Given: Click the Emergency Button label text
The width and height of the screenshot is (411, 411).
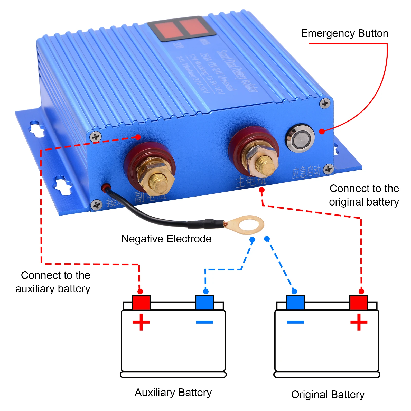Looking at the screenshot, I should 344,34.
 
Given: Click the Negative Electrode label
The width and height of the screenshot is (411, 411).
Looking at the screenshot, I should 166,239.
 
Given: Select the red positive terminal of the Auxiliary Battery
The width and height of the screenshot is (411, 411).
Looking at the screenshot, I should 141,302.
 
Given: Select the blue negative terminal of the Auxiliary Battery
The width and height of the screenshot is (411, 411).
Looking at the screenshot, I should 204,302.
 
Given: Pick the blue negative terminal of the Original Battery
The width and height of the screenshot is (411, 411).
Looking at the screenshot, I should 295,302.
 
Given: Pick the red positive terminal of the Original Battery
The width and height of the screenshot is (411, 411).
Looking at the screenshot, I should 358,302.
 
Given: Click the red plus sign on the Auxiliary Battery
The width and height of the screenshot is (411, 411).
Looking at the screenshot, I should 141,322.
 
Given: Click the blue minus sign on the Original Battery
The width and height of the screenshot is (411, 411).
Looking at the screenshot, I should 295,322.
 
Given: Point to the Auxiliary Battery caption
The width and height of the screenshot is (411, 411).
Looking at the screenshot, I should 173,393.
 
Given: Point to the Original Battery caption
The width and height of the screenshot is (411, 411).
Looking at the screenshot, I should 328,395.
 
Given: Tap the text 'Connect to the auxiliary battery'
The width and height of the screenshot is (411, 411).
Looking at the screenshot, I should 53,282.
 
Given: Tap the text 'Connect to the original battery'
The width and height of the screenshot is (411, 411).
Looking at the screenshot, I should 364,195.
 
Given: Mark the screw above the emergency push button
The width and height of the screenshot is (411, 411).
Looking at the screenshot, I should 325,103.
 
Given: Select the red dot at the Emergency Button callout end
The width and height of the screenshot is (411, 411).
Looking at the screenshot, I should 322,131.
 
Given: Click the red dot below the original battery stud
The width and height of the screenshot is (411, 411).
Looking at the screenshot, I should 261,190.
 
